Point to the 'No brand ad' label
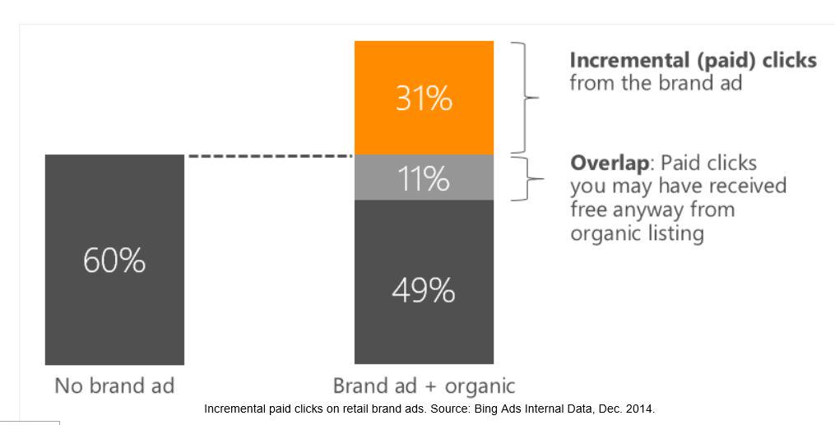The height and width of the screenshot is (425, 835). [x=114, y=386]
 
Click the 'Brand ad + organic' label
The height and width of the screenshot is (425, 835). [x=424, y=386]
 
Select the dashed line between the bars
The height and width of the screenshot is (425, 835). [x=269, y=155]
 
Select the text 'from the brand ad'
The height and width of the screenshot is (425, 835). [x=656, y=83]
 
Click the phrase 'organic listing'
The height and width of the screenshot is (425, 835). [x=637, y=233]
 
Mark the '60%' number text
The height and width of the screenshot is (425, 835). [x=114, y=261]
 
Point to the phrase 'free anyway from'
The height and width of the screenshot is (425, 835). [x=652, y=210]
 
